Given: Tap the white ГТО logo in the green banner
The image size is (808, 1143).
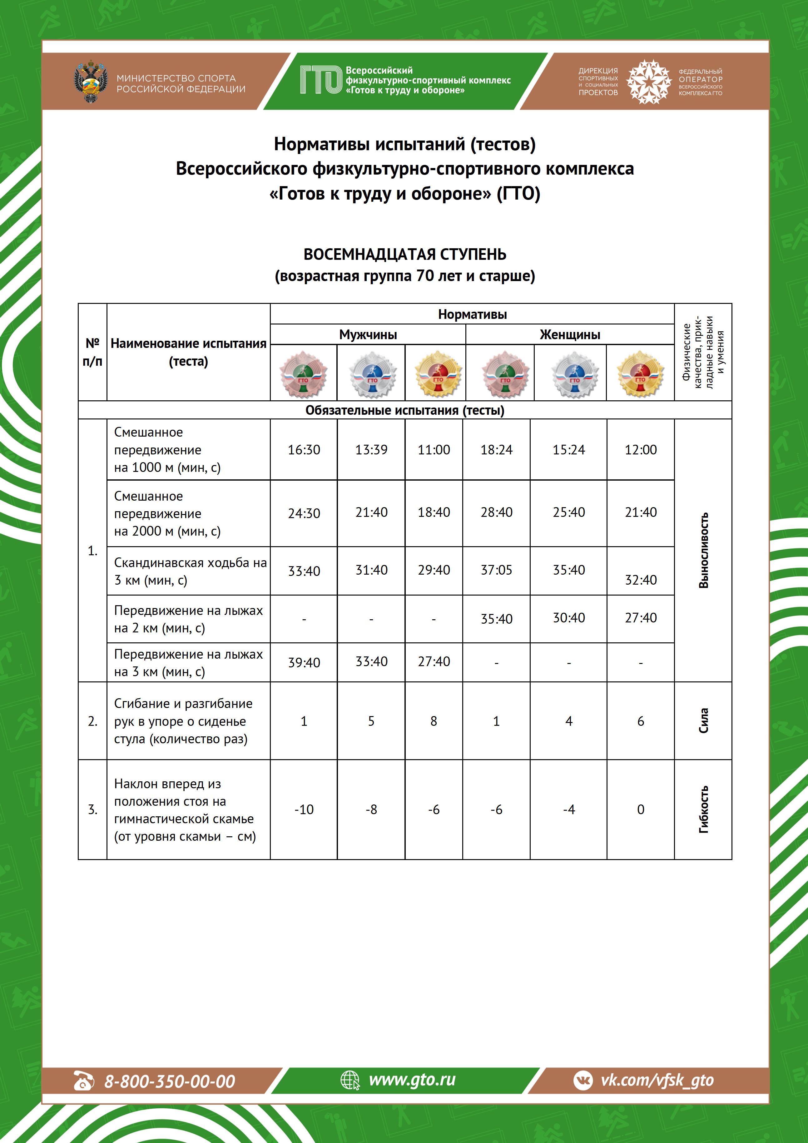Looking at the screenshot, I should click(x=321, y=80).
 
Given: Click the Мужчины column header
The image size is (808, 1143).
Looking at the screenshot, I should click(x=368, y=334).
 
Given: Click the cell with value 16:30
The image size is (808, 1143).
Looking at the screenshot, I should click(x=304, y=449).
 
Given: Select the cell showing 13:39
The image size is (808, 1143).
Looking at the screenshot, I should click(x=371, y=449).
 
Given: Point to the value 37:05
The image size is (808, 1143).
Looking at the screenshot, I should click(x=496, y=570).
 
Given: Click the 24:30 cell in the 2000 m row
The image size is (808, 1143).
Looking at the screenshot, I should click(x=304, y=513).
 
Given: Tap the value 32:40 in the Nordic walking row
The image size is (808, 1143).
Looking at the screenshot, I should click(x=640, y=580).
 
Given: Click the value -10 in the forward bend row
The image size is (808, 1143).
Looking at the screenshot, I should click(x=304, y=809).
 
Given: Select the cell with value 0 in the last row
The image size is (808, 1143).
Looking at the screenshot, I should click(x=640, y=809).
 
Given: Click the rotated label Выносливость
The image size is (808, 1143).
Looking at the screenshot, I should click(x=703, y=550).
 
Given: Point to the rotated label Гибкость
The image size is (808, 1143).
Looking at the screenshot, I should click(x=703, y=809).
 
